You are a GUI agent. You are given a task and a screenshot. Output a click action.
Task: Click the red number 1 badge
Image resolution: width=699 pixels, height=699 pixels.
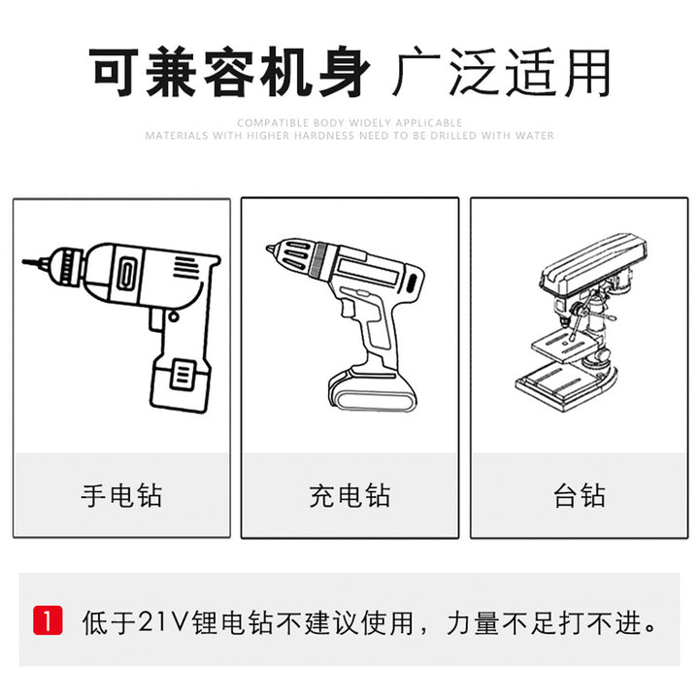pos(48,620)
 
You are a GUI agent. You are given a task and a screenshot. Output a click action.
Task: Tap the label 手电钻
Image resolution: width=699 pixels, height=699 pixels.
pos(121,495)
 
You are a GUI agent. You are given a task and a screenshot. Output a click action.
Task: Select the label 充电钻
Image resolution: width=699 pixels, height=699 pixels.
pos(349,495)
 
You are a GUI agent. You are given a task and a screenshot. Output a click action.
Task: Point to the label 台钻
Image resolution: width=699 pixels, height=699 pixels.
pos(579,495)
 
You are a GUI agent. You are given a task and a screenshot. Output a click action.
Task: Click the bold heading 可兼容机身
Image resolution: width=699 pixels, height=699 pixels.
pos(229,72)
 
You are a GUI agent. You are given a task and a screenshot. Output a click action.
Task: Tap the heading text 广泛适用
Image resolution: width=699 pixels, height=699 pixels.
pos(502,72)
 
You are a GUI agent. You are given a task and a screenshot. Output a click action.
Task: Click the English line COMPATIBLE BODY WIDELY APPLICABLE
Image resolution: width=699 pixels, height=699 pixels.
pos(349,122)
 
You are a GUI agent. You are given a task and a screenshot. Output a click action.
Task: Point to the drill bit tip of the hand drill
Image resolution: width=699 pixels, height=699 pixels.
pos(25,262)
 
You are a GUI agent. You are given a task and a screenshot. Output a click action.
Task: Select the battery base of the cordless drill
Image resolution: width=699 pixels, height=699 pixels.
pos(372,391)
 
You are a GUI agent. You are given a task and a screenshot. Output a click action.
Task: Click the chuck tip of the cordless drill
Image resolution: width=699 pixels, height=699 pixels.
pos(271,249)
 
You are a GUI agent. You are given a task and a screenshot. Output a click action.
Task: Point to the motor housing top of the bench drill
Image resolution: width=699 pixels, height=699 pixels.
pos(593,263)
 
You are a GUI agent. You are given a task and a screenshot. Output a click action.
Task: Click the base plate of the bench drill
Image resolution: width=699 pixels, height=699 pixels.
pos(565,384)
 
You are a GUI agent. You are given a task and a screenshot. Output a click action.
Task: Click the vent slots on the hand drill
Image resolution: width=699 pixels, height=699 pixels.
pos(185,267)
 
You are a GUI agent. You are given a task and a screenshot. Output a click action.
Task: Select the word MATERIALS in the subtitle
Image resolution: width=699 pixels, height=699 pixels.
pos(177,135)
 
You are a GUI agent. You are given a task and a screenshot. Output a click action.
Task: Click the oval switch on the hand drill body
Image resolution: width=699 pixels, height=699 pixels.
pos(125,274)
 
